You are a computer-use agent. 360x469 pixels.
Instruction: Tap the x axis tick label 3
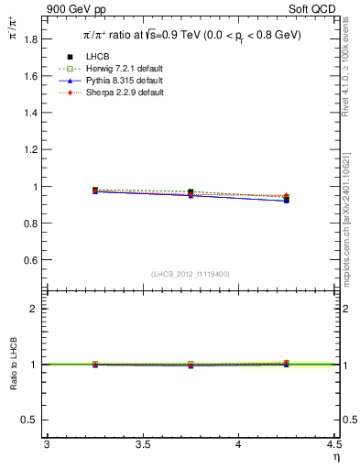pos(47,445)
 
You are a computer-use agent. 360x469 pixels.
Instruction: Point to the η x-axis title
pos(334,457)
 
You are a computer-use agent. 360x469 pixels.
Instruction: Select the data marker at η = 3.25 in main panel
pos(94,190)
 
